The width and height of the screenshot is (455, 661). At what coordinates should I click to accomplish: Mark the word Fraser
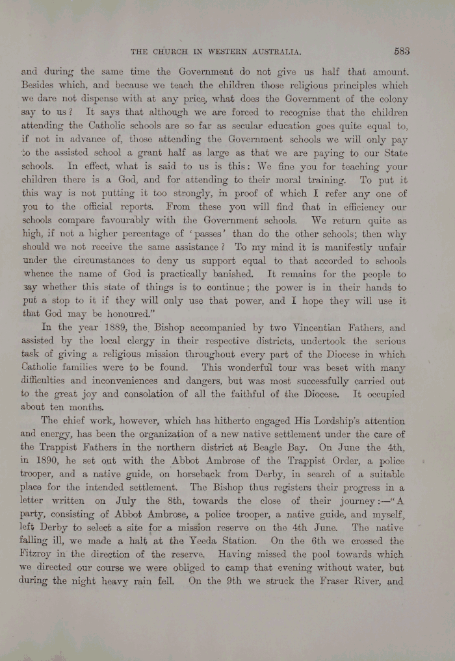pyautogui.click(x=335, y=581)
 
